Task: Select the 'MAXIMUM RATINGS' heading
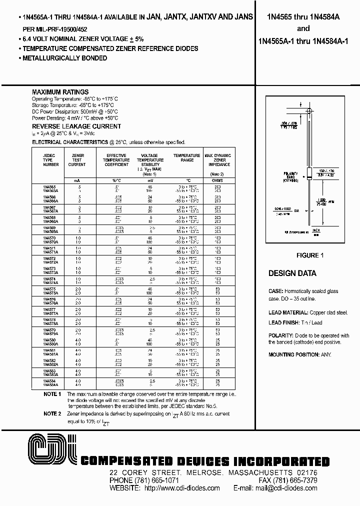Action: [60, 92]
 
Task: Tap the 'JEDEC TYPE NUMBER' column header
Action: [50, 160]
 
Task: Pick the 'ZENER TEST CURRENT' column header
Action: [77, 160]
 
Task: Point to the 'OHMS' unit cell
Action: [217, 180]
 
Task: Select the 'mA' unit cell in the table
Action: [77, 180]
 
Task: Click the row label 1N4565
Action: [49, 186]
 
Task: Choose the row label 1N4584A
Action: [50, 385]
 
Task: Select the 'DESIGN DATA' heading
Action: [292, 273]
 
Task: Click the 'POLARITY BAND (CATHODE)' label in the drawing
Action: [291, 176]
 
